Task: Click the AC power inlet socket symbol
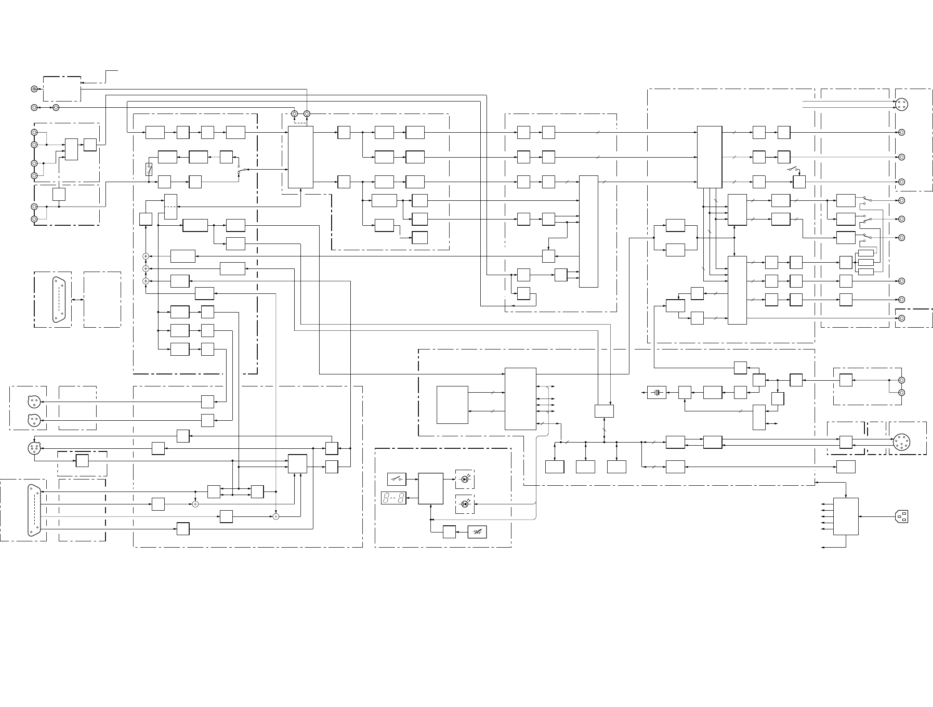click(x=901, y=516)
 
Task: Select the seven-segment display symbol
click(x=393, y=498)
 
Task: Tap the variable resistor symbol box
click(x=477, y=532)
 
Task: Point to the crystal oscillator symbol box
click(x=657, y=392)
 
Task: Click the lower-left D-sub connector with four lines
click(x=34, y=510)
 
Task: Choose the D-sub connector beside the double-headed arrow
click(x=59, y=300)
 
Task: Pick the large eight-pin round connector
click(x=901, y=442)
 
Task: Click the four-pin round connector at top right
click(x=901, y=104)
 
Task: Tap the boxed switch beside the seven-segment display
click(x=397, y=479)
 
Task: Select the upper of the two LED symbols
click(x=465, y=479)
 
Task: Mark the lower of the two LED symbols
click(x=465, y=504)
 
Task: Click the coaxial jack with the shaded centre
click(x=34, y=89)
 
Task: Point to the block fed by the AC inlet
click(x=845, y=516)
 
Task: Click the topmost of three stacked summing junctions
click(x=146, y=256)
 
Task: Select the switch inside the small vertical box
click(x=149, y=170)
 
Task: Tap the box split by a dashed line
click(x=170, y=207)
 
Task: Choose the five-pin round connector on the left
click(x=34, y=448)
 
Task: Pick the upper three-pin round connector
click(x=34, y=402)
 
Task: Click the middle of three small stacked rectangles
click(x=866, y=262)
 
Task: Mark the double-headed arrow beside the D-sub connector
click(x=77, y=300)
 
